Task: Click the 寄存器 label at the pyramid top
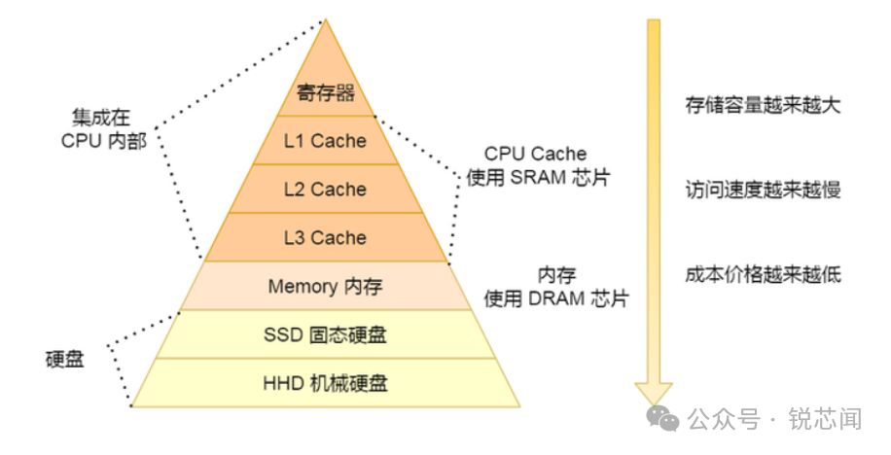[x=325, y=94]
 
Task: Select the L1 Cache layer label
[x=325, y=141]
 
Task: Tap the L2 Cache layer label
[x=325, y=190]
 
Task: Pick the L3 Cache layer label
[x=325, y=238]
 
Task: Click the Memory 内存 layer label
[x=325, y=287]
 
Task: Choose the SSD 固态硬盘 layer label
[x=325, y=335]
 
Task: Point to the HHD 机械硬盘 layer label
[x=325, y=383]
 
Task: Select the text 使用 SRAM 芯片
[x=534, y=179]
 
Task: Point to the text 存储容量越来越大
[x=762, y=105]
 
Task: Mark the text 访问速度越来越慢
[x=762, y=190]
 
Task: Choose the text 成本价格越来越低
[x=762, y=274]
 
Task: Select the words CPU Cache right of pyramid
[x=535, y=155]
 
